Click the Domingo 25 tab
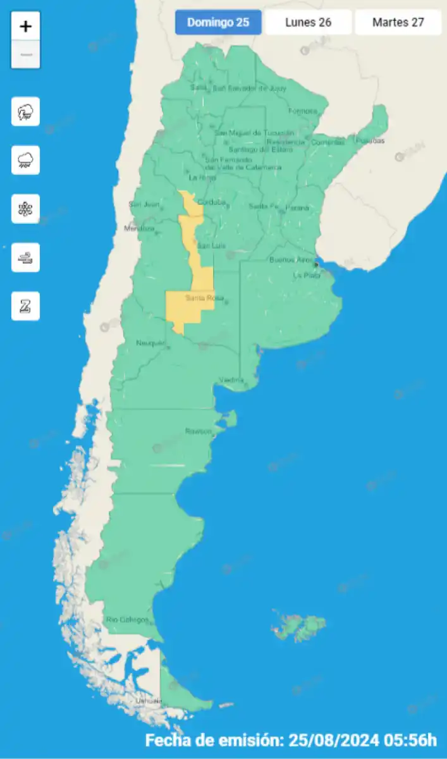218,23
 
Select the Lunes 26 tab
309,23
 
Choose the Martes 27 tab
398,23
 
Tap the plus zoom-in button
25,27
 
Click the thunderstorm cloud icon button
25,112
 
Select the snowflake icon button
25,209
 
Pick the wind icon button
25,257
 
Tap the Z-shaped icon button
25,306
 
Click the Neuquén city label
150,343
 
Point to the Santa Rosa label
200,298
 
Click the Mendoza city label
139,228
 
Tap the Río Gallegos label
127,619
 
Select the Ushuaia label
148,701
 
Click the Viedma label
231,379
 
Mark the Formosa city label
302,111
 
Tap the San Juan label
142,204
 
